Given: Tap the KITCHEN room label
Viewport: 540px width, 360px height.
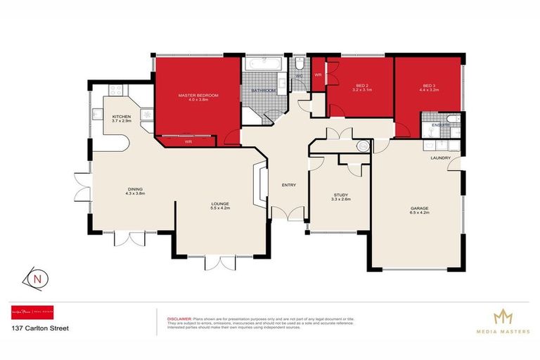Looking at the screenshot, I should click(122, 116).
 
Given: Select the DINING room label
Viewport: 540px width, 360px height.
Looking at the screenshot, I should click(136, 188).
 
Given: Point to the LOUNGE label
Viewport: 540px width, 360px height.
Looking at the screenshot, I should click(220, 204).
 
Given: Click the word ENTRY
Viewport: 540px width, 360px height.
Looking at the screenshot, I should click(288, 186).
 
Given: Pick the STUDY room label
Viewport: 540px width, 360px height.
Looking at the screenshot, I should click(341, 195).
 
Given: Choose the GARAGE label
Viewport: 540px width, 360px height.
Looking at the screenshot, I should click(420, 207).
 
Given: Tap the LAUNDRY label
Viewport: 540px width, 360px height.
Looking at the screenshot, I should click(440, 158).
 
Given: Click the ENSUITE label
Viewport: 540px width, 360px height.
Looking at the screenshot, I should click(440, 125).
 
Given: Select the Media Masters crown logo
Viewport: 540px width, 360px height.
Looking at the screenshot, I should click(502, 316).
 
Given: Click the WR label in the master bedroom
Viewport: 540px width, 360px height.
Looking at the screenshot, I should click(188, 142).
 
